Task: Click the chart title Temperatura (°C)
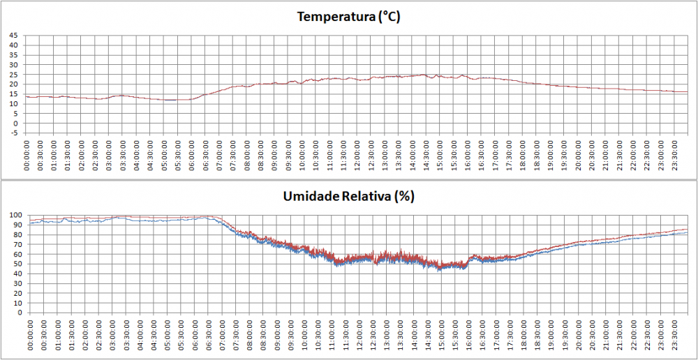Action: (x=348, y=17)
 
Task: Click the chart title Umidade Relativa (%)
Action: (x=349, y=196)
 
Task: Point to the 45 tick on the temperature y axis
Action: (x=13, y=35)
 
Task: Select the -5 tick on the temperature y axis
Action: (x=13, y=133)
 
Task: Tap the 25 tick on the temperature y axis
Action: (x=13, y=74)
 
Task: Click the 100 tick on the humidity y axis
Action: (x=15, y=215)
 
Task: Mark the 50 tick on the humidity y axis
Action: (x=17, y=264)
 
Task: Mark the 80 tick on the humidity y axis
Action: (x=17, y=234)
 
